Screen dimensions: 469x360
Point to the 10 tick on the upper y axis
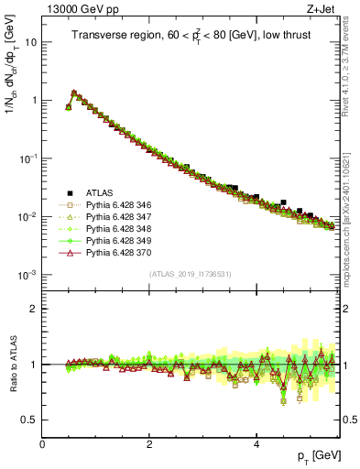coord(30,42)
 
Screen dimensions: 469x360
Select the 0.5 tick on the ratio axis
coord(28,420)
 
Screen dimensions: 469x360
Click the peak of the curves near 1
coord(74,93)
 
